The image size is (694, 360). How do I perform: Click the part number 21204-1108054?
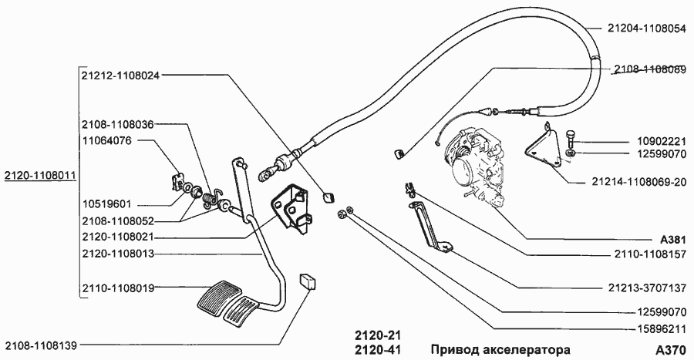pyautogui.click(x=646, y=28)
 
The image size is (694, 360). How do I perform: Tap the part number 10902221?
pyautogui.click(x=660, y=143)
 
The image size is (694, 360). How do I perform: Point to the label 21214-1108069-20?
pyautogui.click(x=638, y=183)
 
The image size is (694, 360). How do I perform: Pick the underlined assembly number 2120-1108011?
pyautogui.click(x=38, y=175)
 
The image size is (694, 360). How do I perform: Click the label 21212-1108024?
pyautogui.click(x=120, y=76)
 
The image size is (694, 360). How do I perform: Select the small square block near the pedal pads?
pyautogui.click(x=309, y=280)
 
